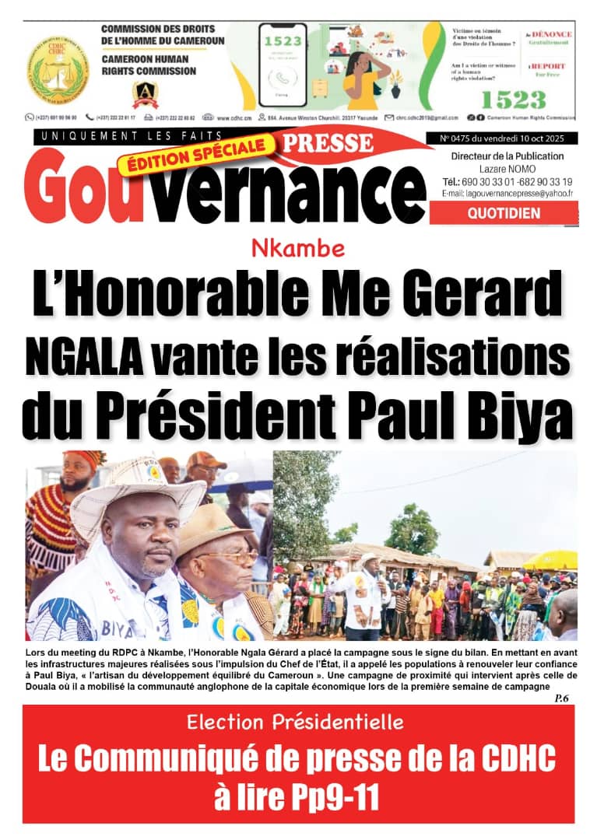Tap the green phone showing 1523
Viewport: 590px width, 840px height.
coord(283,65)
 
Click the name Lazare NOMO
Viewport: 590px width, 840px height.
coord(504,169)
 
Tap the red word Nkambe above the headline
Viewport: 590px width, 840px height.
coord(298,249)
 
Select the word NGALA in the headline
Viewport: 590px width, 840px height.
coord(81,357)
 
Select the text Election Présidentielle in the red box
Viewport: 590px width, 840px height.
coord(295,723)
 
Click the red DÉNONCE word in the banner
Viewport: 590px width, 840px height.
coord(550,35)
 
